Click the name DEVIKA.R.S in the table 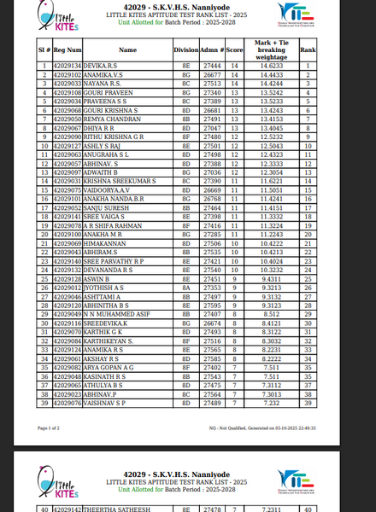(x=99, y=66)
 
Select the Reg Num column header (x=68, y=50)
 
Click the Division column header (x=185, y=50)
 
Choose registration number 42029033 (x=68, y=84)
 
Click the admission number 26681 (x=214, y=110)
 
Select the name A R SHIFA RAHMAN (x=113, y=226)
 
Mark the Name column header (x=127, y=50)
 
